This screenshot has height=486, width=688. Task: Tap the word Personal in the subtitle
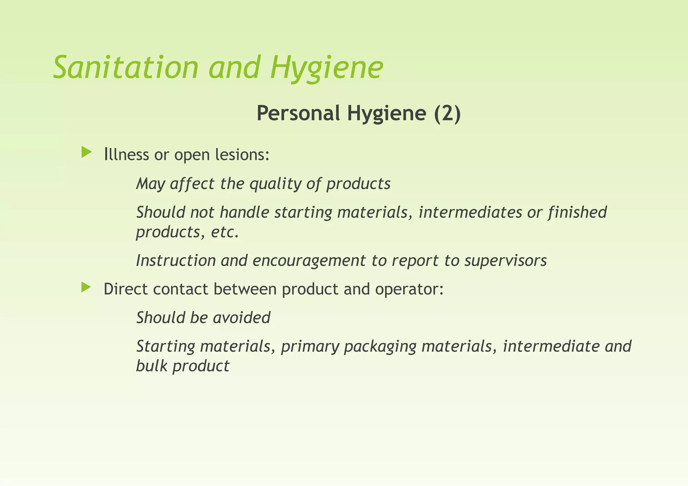click(x=298, y=113)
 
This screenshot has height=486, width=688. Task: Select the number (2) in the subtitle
click(x=447, y=113)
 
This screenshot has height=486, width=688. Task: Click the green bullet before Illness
click(x=86, y=152)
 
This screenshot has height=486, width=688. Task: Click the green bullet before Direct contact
click(x=86, y=287)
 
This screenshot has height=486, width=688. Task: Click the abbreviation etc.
click(x=225, y=232)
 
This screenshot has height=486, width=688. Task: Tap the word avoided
click(x=242, y=318)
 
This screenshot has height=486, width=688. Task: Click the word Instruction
click(x=176, y=260)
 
